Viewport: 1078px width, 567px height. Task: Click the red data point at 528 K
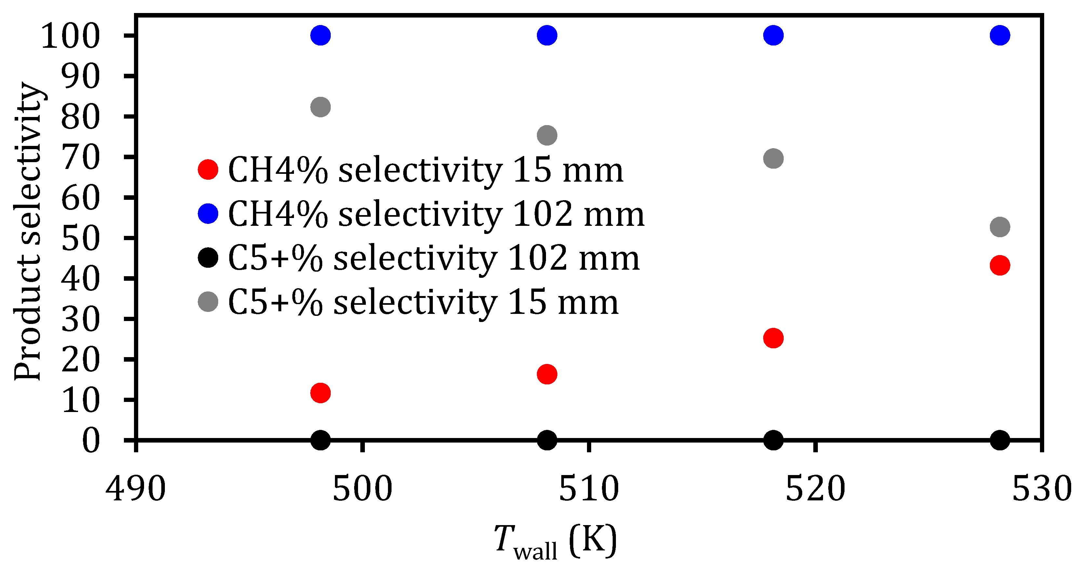[1000, 265]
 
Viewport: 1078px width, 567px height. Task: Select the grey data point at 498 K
[321, 107]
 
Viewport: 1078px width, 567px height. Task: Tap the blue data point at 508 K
[547, 35]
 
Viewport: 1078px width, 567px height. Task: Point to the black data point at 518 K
[773, 440]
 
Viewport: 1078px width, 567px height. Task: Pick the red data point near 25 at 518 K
[773, 338]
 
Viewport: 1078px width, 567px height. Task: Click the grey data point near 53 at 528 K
[1000, 227]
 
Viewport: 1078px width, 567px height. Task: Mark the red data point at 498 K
[321, 393]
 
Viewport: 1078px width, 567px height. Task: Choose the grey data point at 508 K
[547, 135]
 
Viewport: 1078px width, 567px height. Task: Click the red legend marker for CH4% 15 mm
[208, 169]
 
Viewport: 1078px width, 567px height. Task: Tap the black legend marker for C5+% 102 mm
[208, 258]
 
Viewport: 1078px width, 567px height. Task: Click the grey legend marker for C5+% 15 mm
[208, 302]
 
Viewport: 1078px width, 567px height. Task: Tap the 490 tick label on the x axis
[136, 489]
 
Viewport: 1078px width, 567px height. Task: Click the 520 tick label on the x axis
[815, 489]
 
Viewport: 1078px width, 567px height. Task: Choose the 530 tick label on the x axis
[1041, 489]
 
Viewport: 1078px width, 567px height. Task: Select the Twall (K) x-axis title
[555, 542]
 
